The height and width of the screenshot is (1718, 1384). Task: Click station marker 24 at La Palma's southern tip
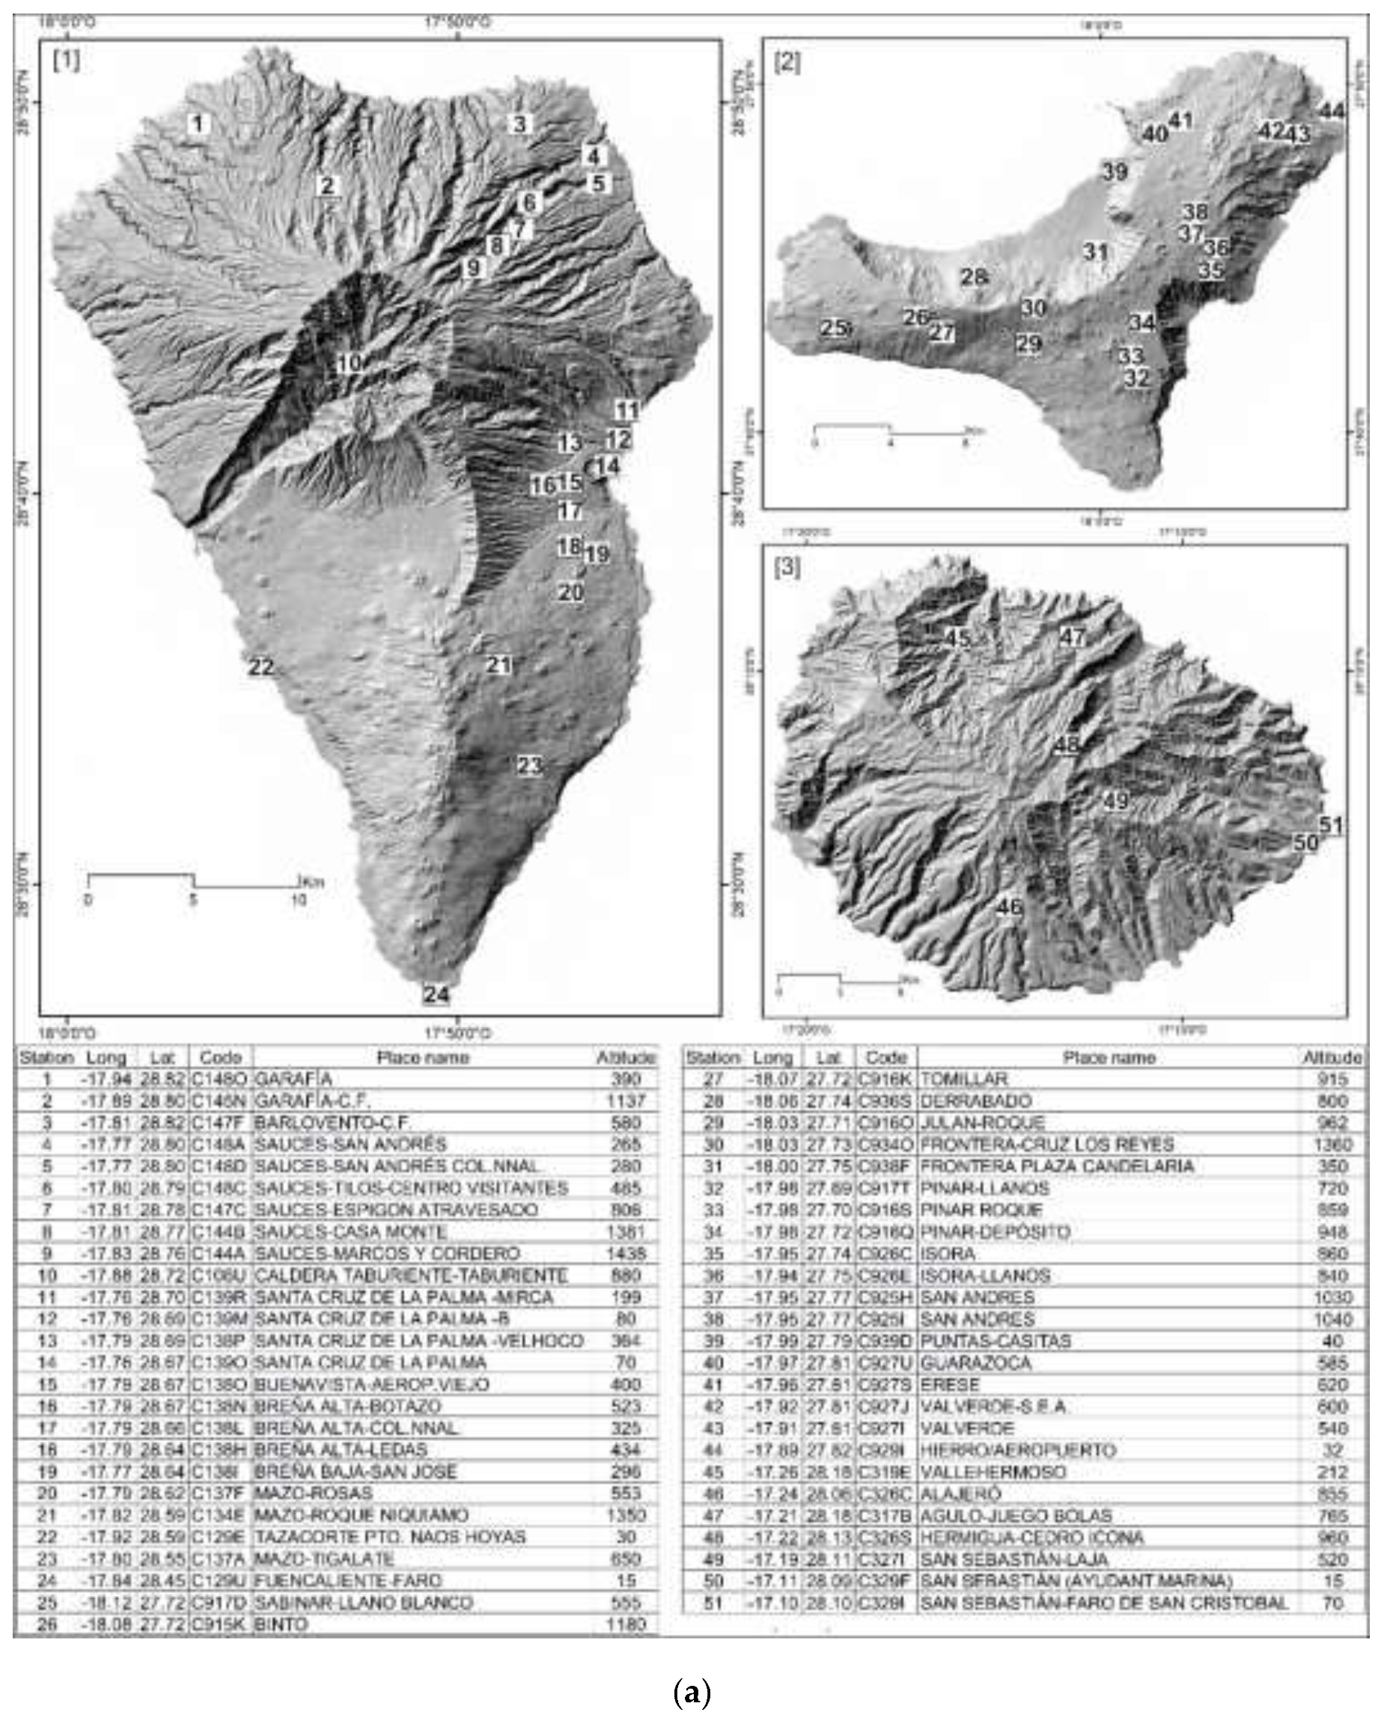[x=436, y=994]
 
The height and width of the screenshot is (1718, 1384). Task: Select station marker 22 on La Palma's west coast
[x=260, y=667]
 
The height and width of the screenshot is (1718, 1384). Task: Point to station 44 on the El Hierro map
[x=1331, y=111]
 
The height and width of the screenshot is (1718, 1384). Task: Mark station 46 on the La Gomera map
[x=1009, y=907]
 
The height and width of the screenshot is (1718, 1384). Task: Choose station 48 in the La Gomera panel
[x=1067, y=745]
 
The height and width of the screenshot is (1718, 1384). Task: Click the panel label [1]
[x=66, y=61]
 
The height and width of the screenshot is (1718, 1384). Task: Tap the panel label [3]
[x=787, y=569]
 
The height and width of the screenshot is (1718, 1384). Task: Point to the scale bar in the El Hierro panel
[x=891, y=430]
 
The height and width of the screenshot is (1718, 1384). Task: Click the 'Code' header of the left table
[x=220, y=1057]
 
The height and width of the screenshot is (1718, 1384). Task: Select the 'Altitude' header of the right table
[x=1332, y=1057]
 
